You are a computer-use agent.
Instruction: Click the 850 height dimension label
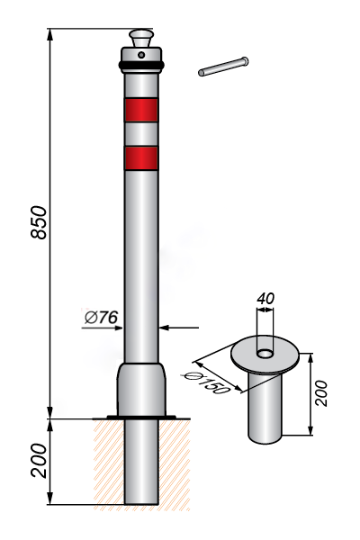(39, 222)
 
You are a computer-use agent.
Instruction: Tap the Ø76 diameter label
(102, 317)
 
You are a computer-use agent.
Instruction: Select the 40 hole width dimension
(265, 298)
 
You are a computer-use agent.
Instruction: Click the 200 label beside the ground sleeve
(320, 393)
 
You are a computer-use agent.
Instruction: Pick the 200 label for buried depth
(39, 461)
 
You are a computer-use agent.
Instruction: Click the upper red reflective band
(141, 110)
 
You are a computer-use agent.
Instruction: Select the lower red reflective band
(141, 158)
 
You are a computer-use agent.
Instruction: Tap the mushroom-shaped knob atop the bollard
(141, 39)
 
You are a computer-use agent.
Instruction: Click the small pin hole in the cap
(141, 54)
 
